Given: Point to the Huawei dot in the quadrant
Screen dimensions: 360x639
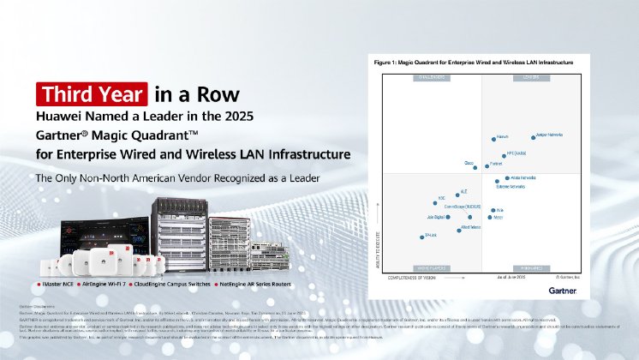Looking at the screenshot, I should [494, 137].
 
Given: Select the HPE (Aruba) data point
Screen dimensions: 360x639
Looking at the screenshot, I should [505, 155].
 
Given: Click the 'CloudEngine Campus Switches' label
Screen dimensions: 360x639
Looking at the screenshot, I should [176, 282].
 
